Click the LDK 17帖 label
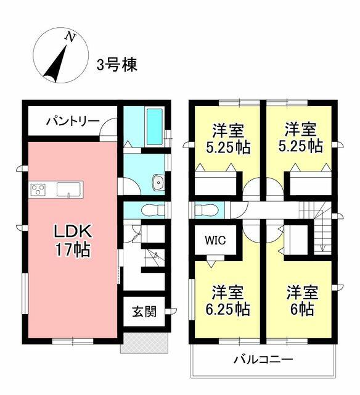click(72, 241)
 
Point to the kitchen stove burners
click(37, 189)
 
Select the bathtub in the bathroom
click(155, 127)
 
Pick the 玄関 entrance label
click(144, 311)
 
